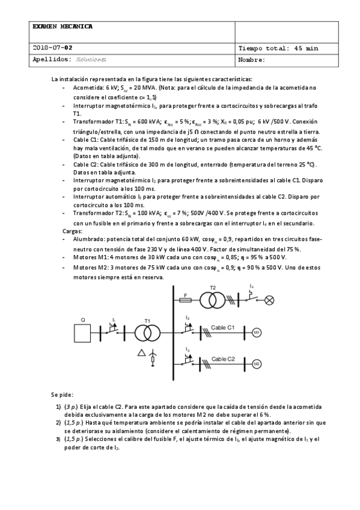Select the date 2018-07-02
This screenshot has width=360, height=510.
coord(53,48)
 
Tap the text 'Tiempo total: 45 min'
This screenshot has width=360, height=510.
coord(278,48)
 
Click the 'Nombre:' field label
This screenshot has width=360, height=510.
coord(252,60)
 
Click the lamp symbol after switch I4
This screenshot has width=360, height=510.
coord(270,298)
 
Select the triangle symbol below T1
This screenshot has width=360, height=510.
coord(141,352)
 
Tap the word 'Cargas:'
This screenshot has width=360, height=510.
coord(72,230)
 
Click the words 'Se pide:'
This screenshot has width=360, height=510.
coord(62,395)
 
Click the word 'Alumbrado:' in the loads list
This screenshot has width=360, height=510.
coord(89,239)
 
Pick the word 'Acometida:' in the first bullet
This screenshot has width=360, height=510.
coord(88,87)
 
